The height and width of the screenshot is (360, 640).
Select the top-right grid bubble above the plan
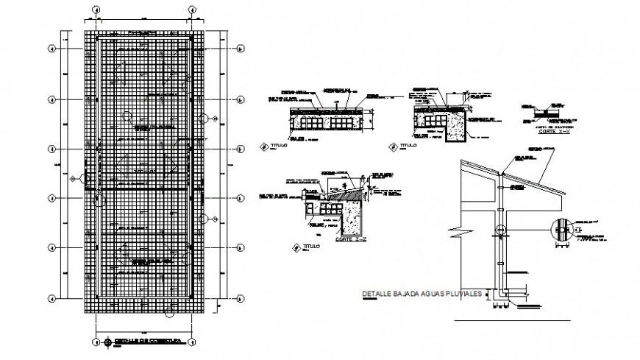(191, 10)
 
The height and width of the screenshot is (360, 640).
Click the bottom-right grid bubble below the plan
(191, 342)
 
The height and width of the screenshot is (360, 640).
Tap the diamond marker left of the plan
(71, 177)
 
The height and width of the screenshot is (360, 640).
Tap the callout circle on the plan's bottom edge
(171, 313)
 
